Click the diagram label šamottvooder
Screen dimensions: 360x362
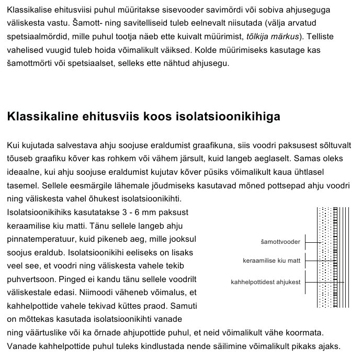280,242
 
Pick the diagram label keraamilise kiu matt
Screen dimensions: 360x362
271,260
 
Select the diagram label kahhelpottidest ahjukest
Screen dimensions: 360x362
265,282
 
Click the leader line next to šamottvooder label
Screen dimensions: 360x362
312,242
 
